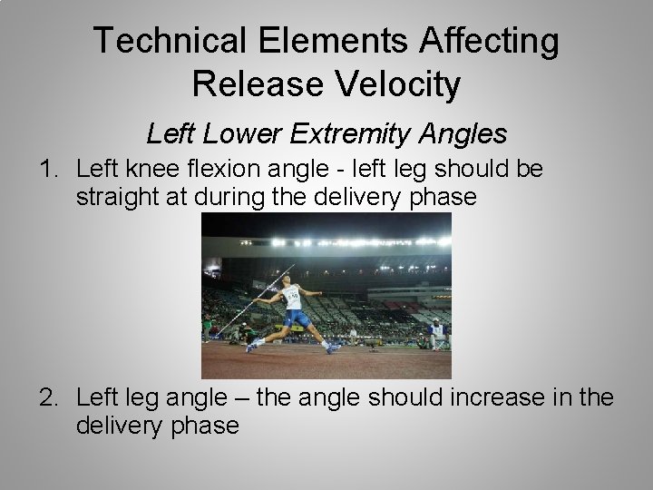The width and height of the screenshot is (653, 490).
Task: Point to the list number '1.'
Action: click(50, 169)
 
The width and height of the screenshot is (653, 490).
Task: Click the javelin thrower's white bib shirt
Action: click(292, 297)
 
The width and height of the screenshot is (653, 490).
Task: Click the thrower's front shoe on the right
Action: click(333, 348)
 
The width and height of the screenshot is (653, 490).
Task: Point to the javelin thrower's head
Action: click(286, 283)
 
